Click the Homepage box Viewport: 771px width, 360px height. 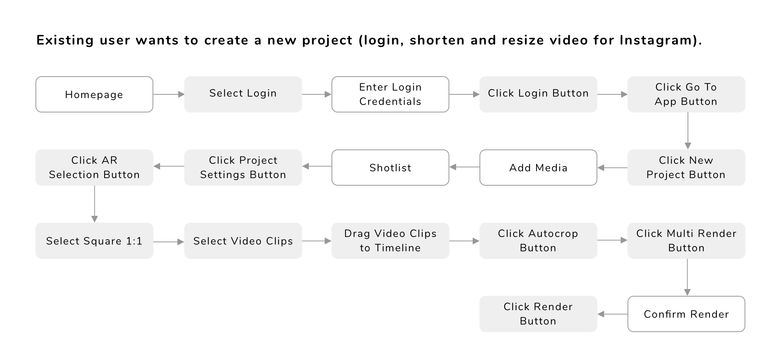(94, 94)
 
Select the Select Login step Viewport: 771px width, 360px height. (243, 94)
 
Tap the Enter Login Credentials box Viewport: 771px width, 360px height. (390, 94)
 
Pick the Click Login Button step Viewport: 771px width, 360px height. (538, 94)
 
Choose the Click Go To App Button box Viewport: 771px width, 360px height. (686, 94)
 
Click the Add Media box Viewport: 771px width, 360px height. (538, 168)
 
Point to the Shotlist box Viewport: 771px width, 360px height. (390, 168)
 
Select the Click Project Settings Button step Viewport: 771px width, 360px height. (243, 168)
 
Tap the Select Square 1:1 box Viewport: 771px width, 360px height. (94, 241)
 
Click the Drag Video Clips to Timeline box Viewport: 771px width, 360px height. (390, 241)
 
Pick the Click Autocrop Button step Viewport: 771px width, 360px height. (538, 241)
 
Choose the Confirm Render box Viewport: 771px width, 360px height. (686, 314)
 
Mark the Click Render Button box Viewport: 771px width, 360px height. (538, 314)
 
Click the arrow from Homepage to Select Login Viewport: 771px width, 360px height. (169, 94)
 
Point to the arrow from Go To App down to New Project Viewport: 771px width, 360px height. (688, 131)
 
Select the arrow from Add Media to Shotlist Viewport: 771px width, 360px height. (464, 167)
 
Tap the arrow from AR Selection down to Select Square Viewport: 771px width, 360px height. (94, 204)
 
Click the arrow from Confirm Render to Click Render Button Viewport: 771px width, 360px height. (612, 314)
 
